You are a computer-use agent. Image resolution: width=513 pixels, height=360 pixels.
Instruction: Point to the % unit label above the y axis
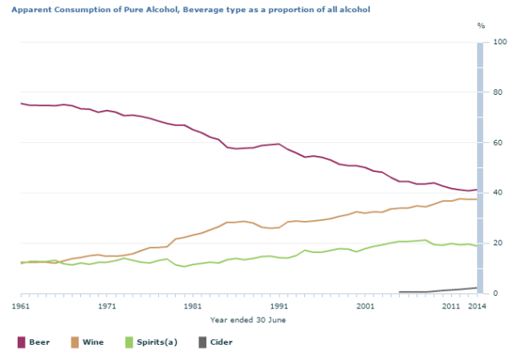pos(482,27)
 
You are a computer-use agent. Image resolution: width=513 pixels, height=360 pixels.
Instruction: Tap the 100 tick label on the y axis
pos(497,42)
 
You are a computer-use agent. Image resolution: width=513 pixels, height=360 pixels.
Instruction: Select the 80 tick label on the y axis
pos(495,92)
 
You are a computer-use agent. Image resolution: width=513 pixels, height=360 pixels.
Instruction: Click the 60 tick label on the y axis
pos(495,143)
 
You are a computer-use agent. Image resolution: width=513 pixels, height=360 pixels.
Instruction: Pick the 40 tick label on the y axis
pos(495,193)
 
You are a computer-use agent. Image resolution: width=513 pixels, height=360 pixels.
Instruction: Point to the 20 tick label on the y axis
pos(495,243)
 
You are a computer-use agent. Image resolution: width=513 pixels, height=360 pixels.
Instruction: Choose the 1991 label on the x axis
pos(279,306)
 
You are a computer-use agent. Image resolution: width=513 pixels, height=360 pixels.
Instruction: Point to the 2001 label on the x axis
pos(365,306)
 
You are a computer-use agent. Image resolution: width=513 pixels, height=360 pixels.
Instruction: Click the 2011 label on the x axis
pos(451,306)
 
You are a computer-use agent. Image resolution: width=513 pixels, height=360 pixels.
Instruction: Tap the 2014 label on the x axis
pos(477,306)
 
